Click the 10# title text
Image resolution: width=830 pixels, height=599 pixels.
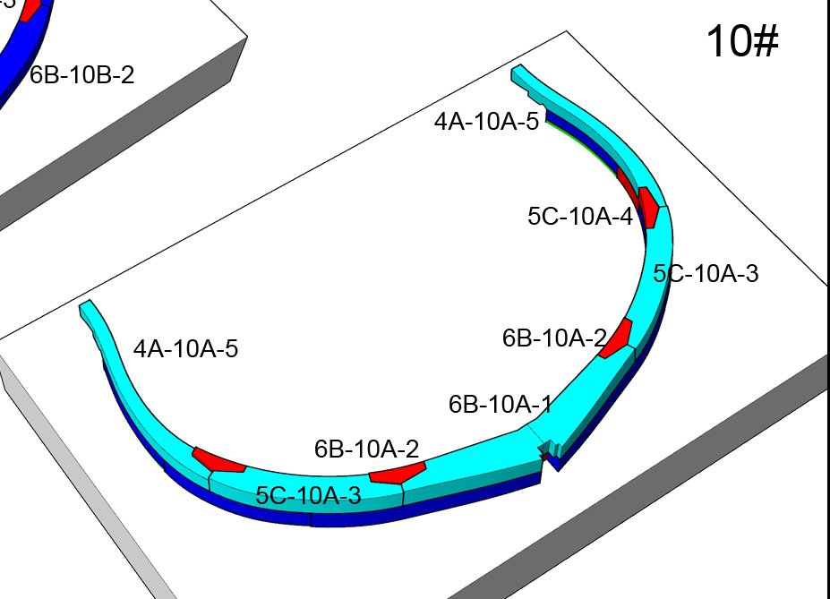[x=742, y=41]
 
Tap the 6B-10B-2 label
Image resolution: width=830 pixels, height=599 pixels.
[x=81, y=75]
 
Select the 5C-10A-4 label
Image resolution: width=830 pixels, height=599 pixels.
[x=580, y=216]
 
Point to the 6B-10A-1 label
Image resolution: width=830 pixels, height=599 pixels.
[x=501, y=405]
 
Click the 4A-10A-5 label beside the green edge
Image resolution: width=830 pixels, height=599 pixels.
[x=486, y=121]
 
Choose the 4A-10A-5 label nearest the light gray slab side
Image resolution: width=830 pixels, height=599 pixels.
[x=186, y=348]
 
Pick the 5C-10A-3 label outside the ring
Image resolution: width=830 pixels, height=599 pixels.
[x=706, y=274]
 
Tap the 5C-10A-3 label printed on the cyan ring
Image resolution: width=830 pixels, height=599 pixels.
[x=308, y=495]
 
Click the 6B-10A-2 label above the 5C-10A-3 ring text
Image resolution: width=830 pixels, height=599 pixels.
[x=366, y=449]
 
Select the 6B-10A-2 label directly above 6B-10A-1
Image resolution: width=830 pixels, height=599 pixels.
[x=554, y=338]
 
